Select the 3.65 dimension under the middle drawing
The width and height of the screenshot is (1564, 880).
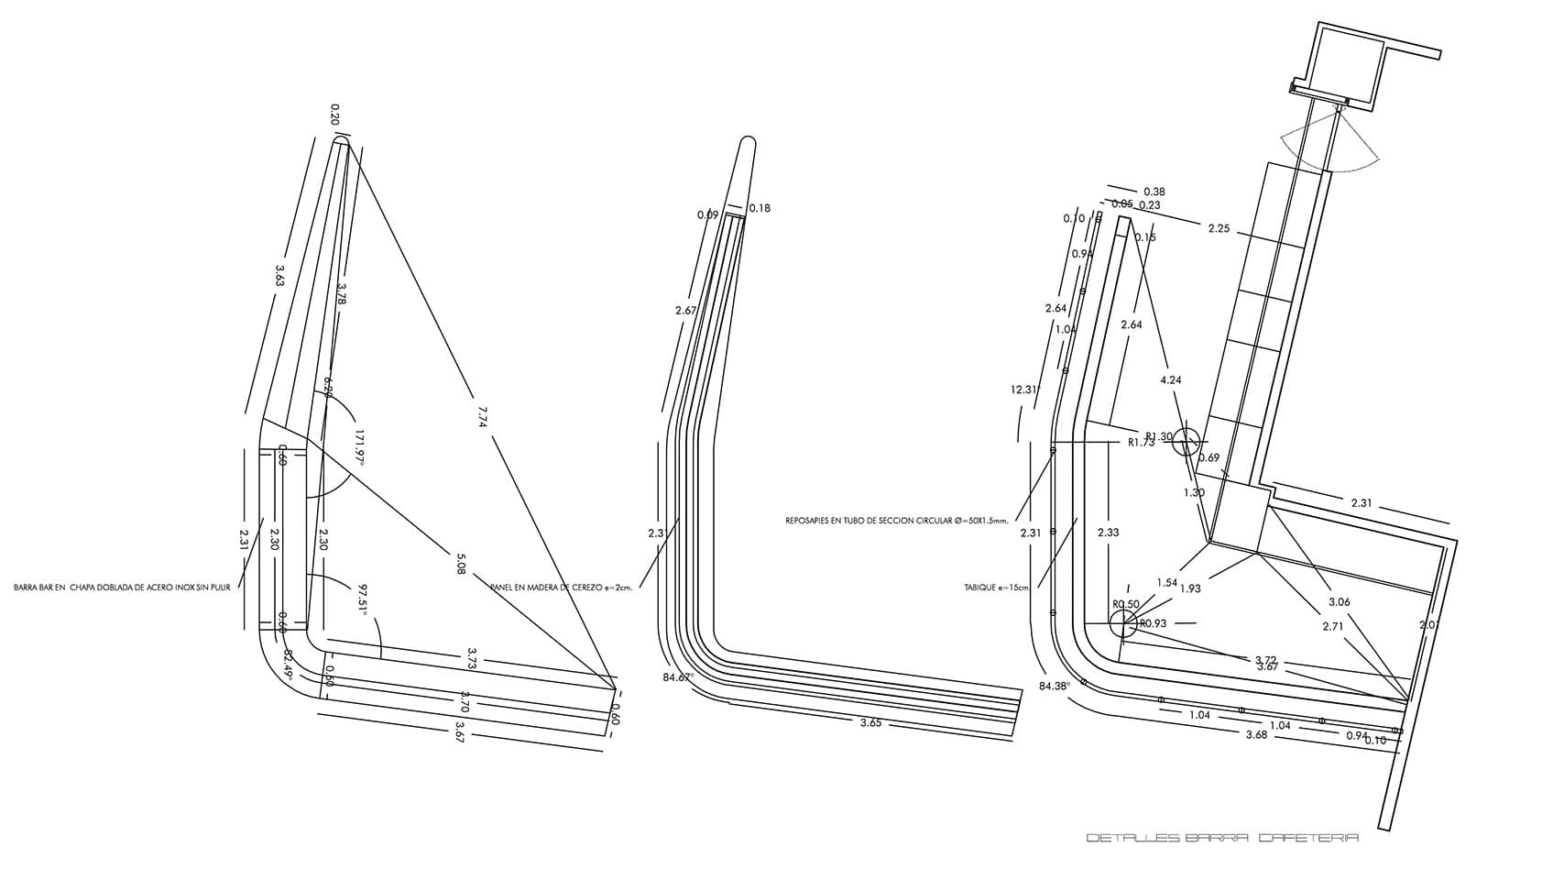pyautogui.click(x=870, y=722)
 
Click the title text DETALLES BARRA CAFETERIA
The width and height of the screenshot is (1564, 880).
pyautogui.click(x=1221, y=838)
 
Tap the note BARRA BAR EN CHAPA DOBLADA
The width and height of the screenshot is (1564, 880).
pyautogui.click(x=122, y=588)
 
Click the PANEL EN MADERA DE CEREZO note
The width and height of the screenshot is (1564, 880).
pyautogui.click(x=562, y=588)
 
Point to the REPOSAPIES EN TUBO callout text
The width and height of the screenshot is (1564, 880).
pyautogui.click(x=896, y=521)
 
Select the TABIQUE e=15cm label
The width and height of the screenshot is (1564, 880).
pyautogui.click(x=997, y=588)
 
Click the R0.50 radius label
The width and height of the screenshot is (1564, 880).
pyautogui.click(x=1126, y=605)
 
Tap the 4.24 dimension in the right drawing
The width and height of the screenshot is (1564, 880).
pyautogui.click(x=1170, y=379)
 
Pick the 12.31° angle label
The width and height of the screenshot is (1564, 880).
pyautogui.click(x=1024, y=390)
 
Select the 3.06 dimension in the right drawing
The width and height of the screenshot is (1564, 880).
pyautogui.click(x=1339, y=602)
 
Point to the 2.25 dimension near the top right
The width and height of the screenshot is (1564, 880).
pyautogui.click(x=1219, y=228)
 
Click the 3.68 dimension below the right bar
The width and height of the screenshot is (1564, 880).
pyautogui.click(x=1256, y=734)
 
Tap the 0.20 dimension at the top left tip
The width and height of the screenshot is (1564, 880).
pyautogui.click(x=334, y=114)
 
